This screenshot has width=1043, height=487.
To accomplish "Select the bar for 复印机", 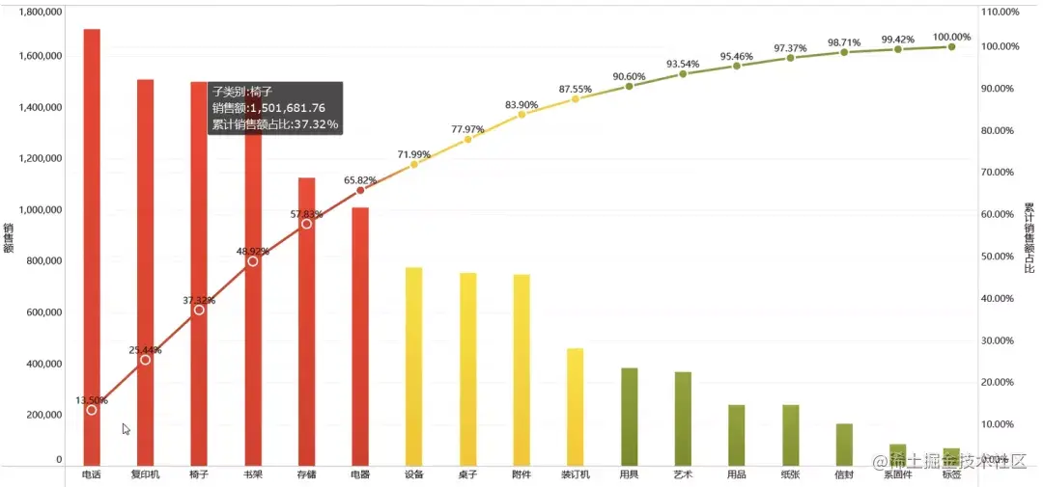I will pyautogui.click(x=145, y=270).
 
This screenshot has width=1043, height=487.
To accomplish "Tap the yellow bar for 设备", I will pyautogui.click(x=414, y=366).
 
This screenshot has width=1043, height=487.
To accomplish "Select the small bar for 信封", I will pyautogui.click(x=844, y=444).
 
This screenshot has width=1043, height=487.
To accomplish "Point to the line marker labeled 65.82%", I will pyautogui.click(x=360, y=190).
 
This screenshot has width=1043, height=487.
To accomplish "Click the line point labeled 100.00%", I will pyautogui.click(x=951, y=46).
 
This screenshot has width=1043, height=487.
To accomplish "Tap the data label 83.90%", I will pyautogui.click(x=521, y=104).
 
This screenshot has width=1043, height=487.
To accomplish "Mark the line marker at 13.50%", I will pyautogui.click(x=92, y=410).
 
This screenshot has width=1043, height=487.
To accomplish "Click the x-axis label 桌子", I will pyautogui.click(x=467, y=474).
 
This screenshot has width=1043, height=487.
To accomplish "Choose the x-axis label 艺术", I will pyautogui.click(x=683, y=474).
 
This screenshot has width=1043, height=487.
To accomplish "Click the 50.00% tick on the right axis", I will pyautogui.click(x=1000, y=257).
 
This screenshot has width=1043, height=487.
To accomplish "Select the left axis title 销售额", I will pyautogui.click(x=8, y=239).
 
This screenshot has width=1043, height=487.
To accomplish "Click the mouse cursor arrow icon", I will pyautogui.click(x=126, y=429).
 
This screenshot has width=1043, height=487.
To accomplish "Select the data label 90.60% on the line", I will pyautogui.click(x=629, y=76).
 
